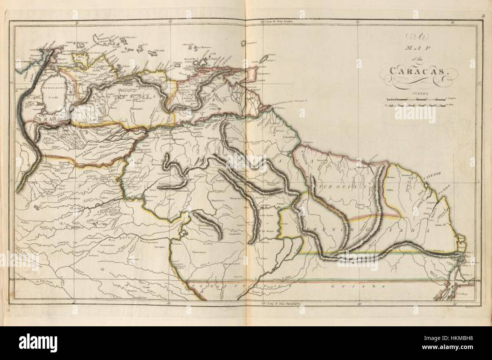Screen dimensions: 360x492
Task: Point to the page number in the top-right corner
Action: pos(483,16)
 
